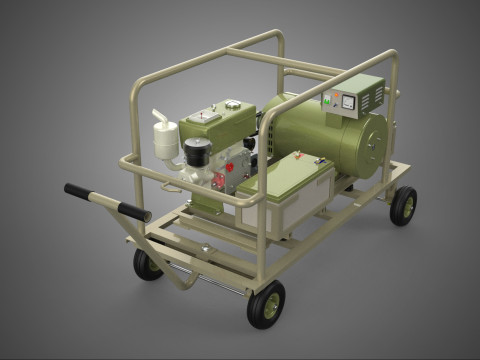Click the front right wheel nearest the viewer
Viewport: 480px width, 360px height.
[265, 304]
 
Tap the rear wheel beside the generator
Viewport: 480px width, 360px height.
[403, 205]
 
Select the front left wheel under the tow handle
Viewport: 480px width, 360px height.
[148, 264]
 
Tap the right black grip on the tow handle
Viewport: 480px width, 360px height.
[133, 211]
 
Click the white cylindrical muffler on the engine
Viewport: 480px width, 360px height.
[164, 139]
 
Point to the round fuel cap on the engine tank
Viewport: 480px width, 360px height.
[232, 103]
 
